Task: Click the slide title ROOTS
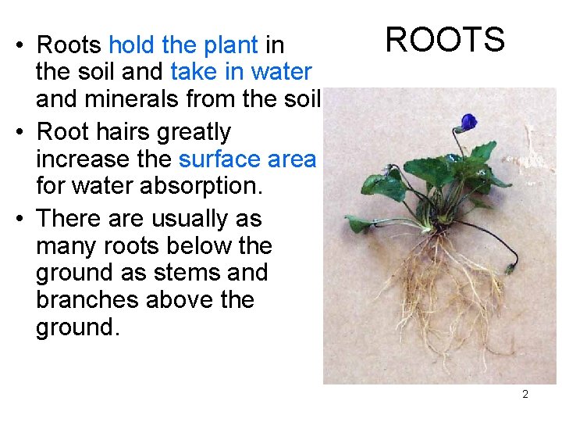pyautogui.click(x=445, y=39)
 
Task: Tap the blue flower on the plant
pyautogui.click(x=468, y=122)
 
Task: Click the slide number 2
pyautogui.click(x=525, y=394)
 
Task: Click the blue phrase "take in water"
pyautogui.click(x=240, y=72)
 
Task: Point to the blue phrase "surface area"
pyautogui.click(x=247, y=159)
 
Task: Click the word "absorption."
pyautogui.click(x=203, y=187)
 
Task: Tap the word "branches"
pyautogui.click(x=86, y=299)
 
